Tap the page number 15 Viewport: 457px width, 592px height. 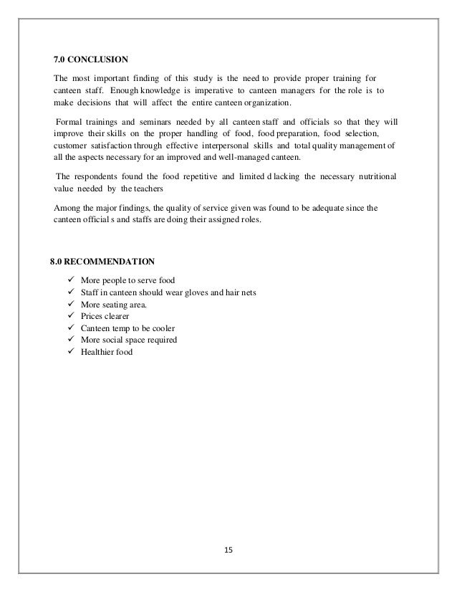pyautogui.click(x=229, y=550)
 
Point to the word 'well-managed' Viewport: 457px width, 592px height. pyautogui.click(x=242, y=157)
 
